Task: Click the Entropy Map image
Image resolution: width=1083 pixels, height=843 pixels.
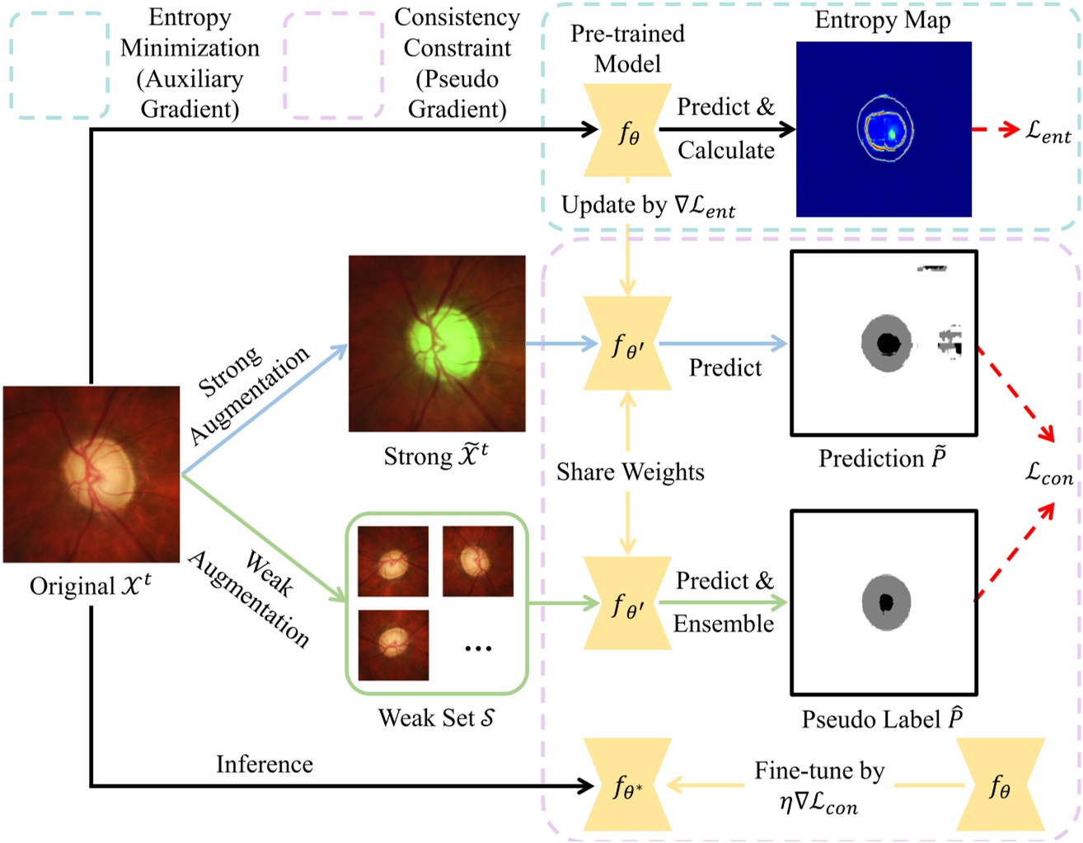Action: coord(884,129)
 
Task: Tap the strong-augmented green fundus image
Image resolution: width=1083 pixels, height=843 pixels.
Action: coord(437,343)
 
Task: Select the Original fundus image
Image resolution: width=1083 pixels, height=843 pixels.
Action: coord(91,475)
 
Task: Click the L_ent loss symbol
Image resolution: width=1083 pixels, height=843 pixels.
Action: coord(1048,132)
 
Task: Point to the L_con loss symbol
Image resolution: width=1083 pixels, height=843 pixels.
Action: coord(1048,473)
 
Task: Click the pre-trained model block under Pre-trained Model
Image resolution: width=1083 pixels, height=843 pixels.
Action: coord(628,130)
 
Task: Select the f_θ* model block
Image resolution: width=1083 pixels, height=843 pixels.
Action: coord(628,784)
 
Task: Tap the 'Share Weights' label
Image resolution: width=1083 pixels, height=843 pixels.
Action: coord(631,472)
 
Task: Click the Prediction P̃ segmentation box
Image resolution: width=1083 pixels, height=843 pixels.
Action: coord(884,343)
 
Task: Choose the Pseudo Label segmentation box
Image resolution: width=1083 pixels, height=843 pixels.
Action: coord(884,602)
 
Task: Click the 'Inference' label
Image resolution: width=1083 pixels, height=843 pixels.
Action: coord(265,764)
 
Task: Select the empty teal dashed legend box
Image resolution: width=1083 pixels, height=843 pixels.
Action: coord(59,65)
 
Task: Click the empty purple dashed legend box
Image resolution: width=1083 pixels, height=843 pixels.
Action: coord(334,65)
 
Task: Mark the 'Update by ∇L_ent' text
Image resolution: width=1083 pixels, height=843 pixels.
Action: coord(648,206)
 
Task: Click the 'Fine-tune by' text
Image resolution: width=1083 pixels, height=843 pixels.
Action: coord(819,770)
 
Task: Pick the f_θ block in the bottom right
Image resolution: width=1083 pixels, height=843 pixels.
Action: coord(1001,784)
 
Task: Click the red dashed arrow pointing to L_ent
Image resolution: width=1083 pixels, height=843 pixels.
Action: coord(996,129)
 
